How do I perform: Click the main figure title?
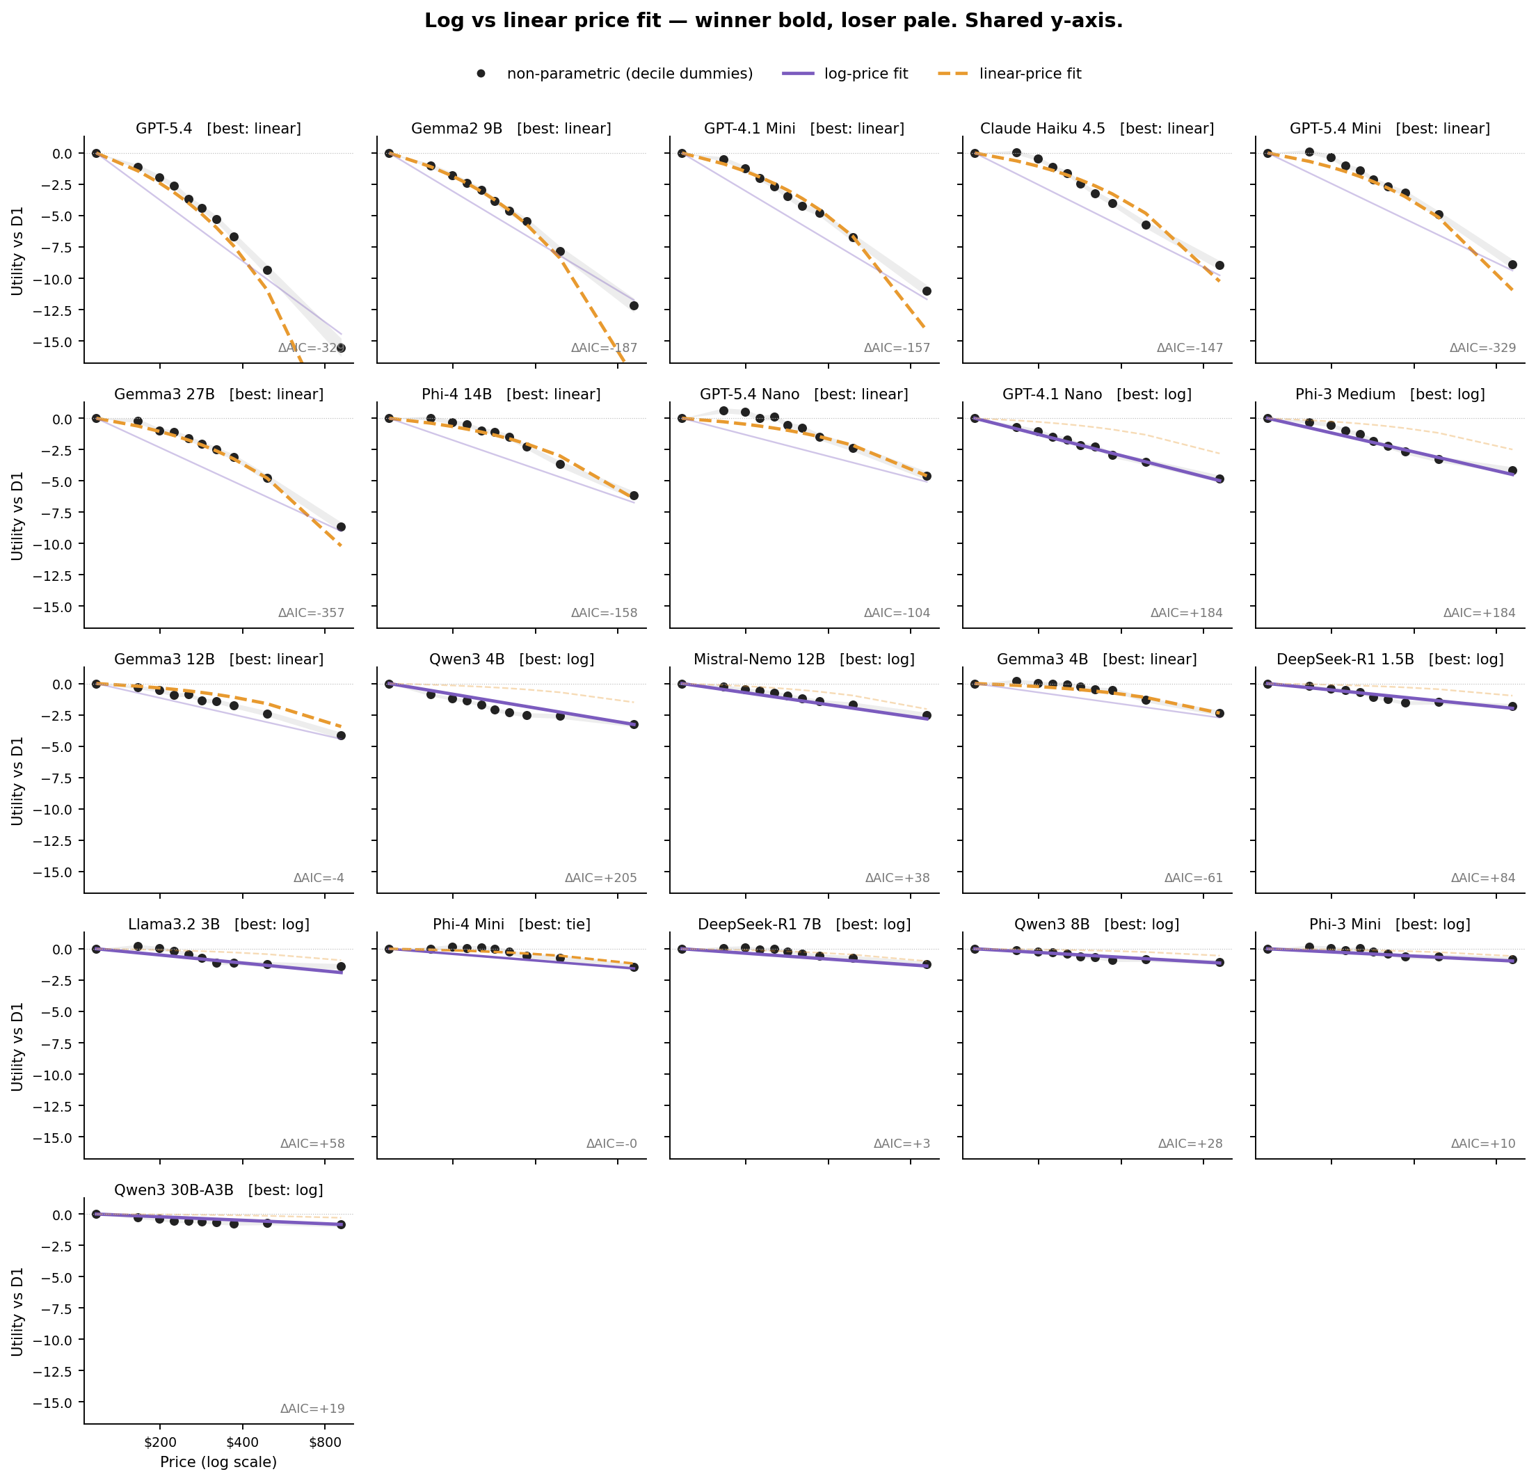tap(774, 21)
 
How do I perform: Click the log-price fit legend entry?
tap(865, 74)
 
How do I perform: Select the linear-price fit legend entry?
tap(1029, 74)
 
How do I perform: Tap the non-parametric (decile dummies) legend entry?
tap(630, 74)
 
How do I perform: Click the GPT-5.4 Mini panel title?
tap(1389, 129)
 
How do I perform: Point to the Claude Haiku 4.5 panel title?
tap(1096, 129)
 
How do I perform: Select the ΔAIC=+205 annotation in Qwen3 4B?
tap(600, 878)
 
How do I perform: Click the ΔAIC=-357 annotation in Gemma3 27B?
tap(311, 613)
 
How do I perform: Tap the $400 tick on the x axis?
tap(242, 1443)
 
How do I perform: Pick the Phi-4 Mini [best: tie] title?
tap(511, 924)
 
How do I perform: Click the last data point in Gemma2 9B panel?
tap(633, 305)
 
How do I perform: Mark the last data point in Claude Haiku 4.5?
tap(1219, 266)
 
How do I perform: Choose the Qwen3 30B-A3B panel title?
tap(218, 1190)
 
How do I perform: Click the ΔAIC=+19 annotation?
tap(312, 1409)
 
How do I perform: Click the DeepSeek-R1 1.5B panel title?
tap(1389, 659)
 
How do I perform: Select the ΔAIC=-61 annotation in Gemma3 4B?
tap(1193, 878)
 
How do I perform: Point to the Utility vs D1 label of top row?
tap(17, 250)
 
